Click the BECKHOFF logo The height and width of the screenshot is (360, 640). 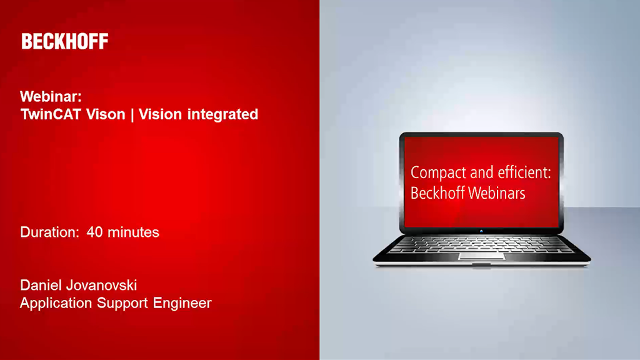coord(65,42)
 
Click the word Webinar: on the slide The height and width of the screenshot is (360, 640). coord(51,97)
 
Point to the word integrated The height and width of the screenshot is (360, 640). coord(223,114)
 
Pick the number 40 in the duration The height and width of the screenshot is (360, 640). coord(95,232)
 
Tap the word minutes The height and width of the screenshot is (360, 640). coord(133,232)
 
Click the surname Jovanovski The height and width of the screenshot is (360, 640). coord(102,286)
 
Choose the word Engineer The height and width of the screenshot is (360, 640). coord(182,304)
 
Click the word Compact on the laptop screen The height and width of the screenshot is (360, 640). coord(437,173)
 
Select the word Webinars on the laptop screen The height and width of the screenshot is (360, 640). coord(496,192)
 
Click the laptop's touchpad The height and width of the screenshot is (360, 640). coord(481,254)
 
